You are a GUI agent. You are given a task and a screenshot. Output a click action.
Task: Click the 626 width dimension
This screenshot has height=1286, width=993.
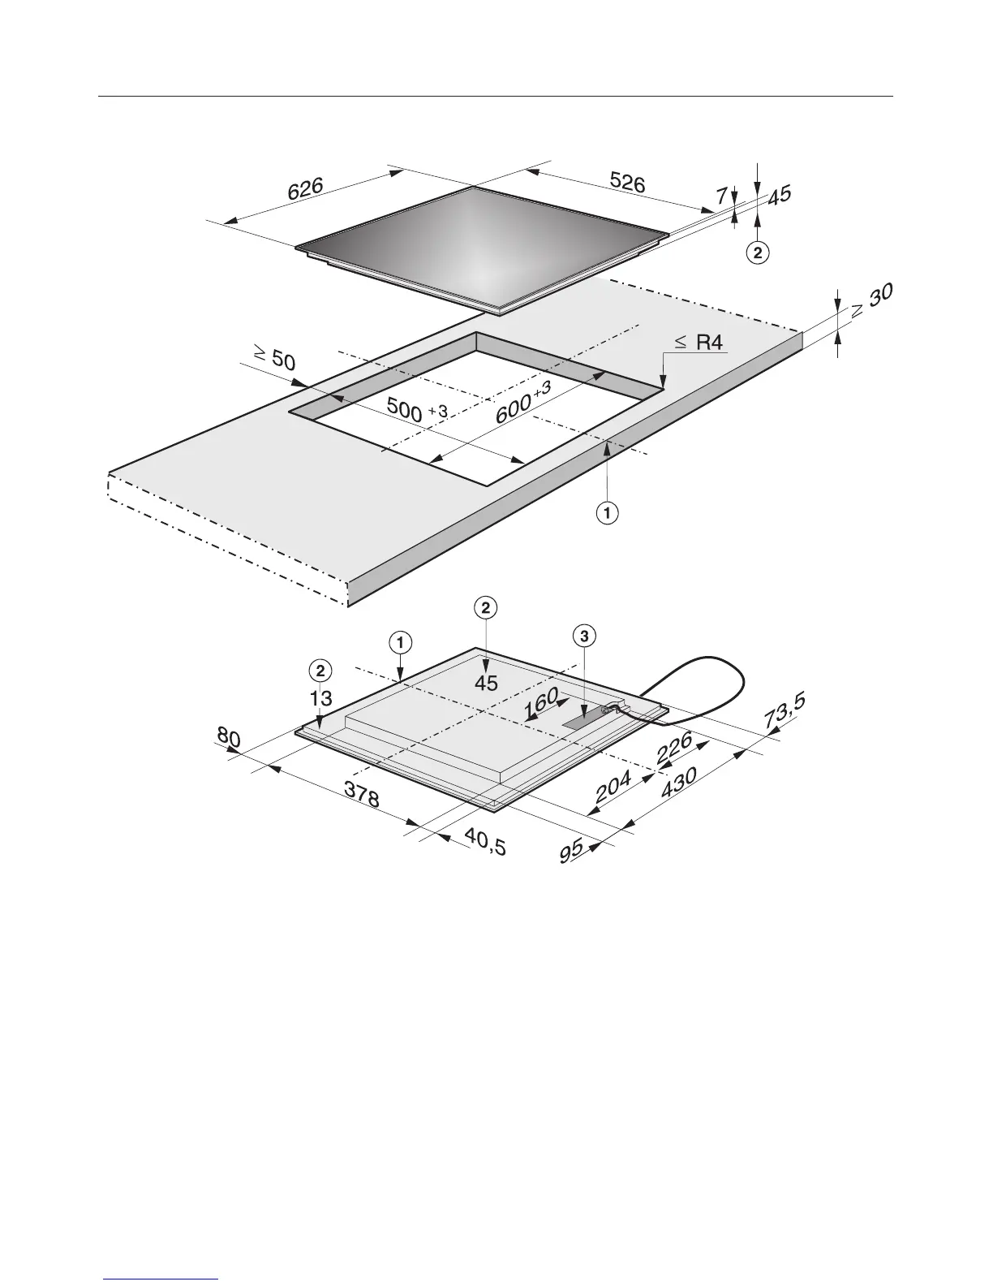(x=306, y=190)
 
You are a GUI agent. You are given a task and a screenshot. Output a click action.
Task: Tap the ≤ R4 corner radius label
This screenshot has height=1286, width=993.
(x=699, y=343)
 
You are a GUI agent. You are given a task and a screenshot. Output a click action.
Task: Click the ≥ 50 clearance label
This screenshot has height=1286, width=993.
(x=274, y=357)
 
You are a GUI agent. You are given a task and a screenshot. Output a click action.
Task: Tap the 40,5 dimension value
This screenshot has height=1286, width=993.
(x=484, y=842)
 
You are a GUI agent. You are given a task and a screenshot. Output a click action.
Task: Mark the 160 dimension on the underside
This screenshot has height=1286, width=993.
(x=541, y=702)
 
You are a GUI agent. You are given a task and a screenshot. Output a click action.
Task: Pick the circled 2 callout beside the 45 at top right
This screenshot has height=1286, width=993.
(x=756, y=253)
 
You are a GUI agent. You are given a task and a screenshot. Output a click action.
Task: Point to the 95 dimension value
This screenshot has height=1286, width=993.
(x=572, y=852)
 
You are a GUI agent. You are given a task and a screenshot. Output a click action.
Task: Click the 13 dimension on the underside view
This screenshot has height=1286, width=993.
(x=321, y=697)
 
